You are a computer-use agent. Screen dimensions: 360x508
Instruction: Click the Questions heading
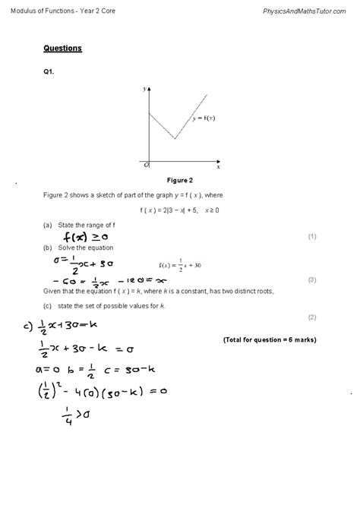63,49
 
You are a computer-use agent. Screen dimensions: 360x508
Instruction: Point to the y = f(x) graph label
204,118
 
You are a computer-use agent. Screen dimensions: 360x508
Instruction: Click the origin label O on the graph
146,164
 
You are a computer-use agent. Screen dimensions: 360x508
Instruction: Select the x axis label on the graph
218,165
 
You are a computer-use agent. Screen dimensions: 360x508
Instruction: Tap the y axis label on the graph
144,89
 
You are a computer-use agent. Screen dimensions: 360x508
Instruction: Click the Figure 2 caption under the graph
180,180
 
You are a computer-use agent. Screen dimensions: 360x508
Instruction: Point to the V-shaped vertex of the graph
175,139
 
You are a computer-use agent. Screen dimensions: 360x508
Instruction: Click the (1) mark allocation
311,237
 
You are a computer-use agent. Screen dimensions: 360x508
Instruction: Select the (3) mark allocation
311,279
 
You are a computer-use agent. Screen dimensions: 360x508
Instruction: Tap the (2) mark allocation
311,316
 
